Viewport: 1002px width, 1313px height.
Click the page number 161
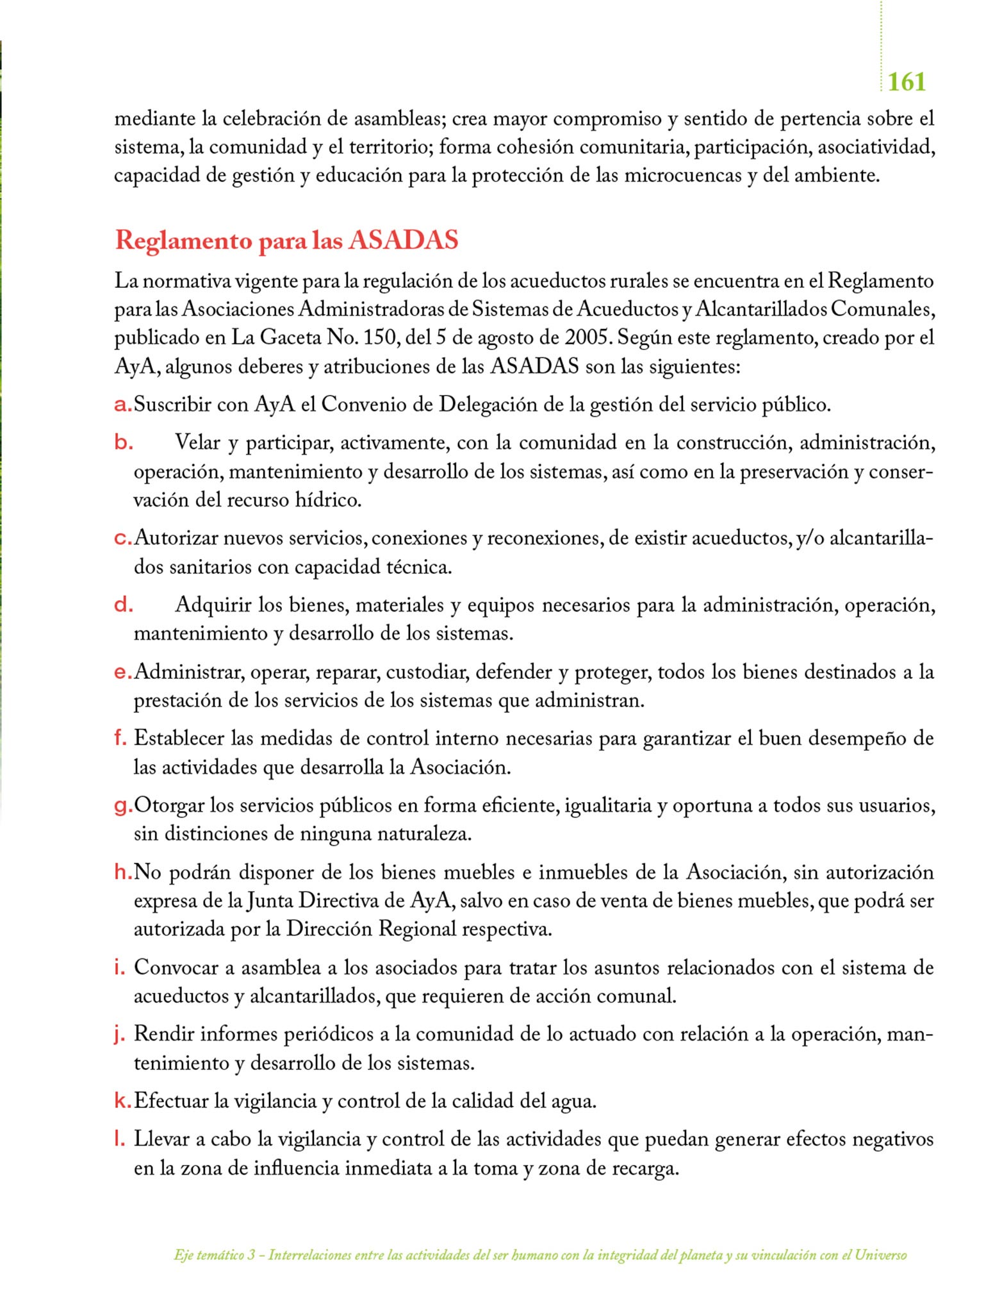click(907, 82)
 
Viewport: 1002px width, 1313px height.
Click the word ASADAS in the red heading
click(404, 240)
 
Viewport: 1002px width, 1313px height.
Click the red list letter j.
click(120, 1035)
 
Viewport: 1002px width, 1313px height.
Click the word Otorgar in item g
click(168, 806)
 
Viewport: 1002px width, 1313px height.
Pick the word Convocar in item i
click(176, 967)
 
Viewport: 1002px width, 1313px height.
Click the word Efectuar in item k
click(171, 1101)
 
